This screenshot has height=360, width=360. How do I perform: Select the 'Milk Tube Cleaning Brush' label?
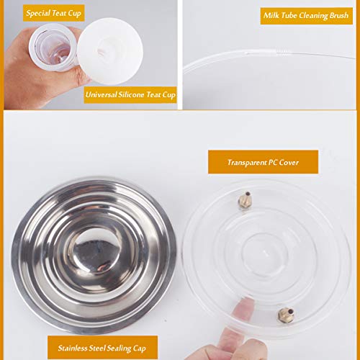tap(305, 16)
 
